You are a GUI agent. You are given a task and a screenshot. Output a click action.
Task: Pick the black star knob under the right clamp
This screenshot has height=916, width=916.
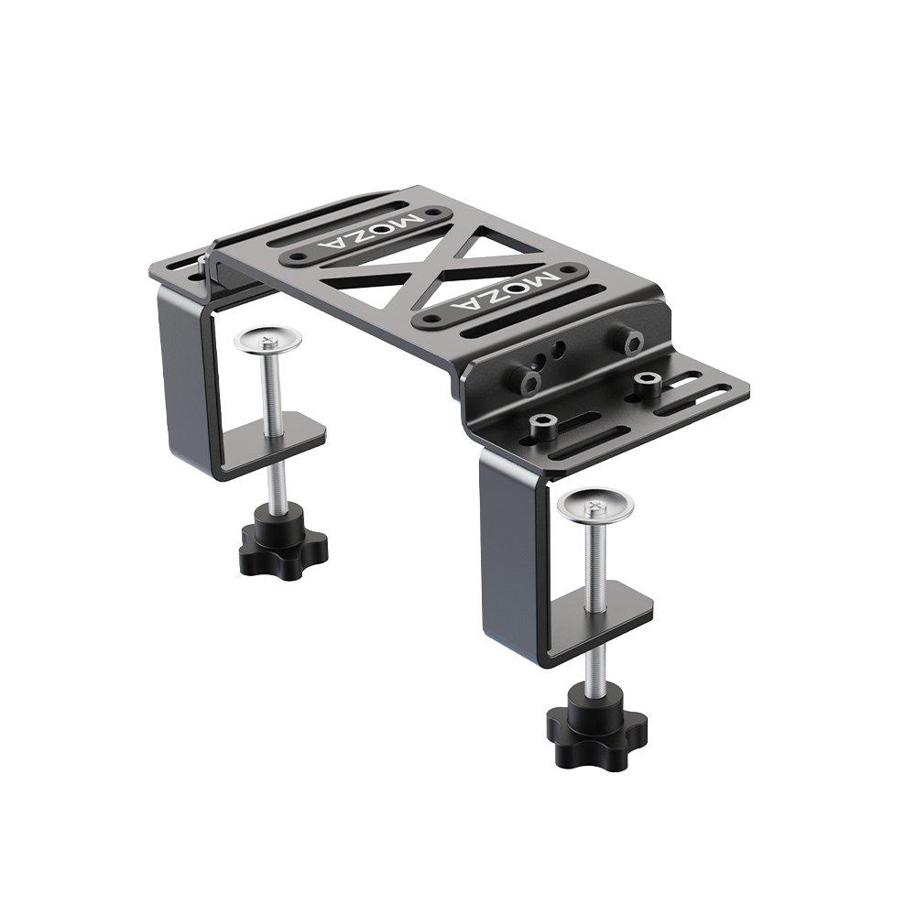pos(597,726)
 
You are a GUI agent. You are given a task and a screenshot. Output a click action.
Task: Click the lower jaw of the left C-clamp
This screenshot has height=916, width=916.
pos(275,438)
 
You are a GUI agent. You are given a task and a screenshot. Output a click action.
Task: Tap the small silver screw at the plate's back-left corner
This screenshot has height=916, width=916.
pos(201,263)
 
